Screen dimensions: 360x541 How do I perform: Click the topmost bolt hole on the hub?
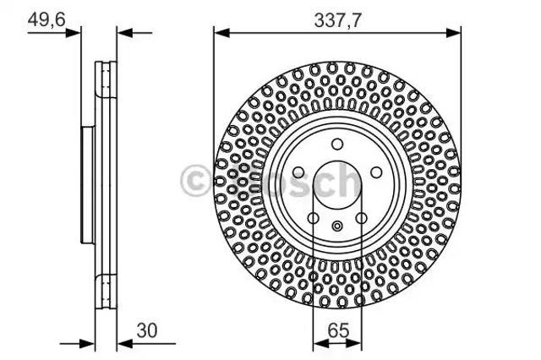coord(336,143)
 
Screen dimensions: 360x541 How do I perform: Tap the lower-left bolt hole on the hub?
coord(313,218)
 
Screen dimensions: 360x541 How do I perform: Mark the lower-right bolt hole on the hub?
coord(361,218)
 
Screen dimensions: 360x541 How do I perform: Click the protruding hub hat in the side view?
coord(85,182)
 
